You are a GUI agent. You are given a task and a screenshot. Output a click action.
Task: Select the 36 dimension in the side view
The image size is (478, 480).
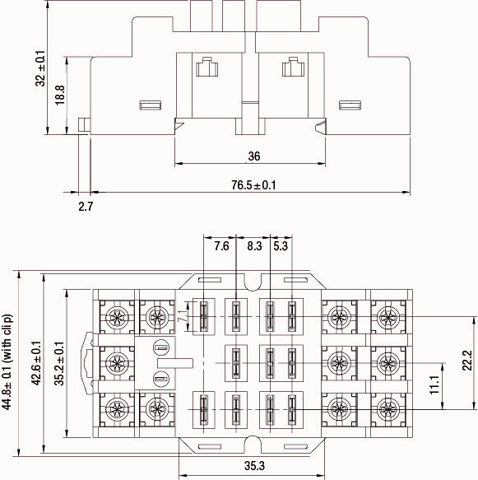point(254,156)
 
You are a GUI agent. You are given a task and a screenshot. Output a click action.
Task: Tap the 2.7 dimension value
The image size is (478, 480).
point(86,206)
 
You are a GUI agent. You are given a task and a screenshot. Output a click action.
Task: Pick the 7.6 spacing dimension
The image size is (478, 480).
point(221,246)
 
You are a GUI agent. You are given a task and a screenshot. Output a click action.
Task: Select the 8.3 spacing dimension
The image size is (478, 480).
point(253,246)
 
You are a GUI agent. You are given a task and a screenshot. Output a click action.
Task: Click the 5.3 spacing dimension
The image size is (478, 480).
point(280,246)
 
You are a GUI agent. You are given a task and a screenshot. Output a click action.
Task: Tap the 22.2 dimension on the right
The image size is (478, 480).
point(466,361)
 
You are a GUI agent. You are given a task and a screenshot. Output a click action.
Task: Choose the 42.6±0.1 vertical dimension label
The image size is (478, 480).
point(35,362)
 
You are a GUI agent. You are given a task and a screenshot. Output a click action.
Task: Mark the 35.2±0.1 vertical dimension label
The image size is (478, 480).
point(58,362)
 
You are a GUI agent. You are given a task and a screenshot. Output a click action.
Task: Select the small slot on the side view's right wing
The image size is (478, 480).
point(350,105)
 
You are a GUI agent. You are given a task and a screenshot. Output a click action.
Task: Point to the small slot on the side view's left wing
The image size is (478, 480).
point(151,105)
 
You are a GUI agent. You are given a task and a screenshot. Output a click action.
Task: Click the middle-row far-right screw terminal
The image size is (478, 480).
point(385,361)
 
